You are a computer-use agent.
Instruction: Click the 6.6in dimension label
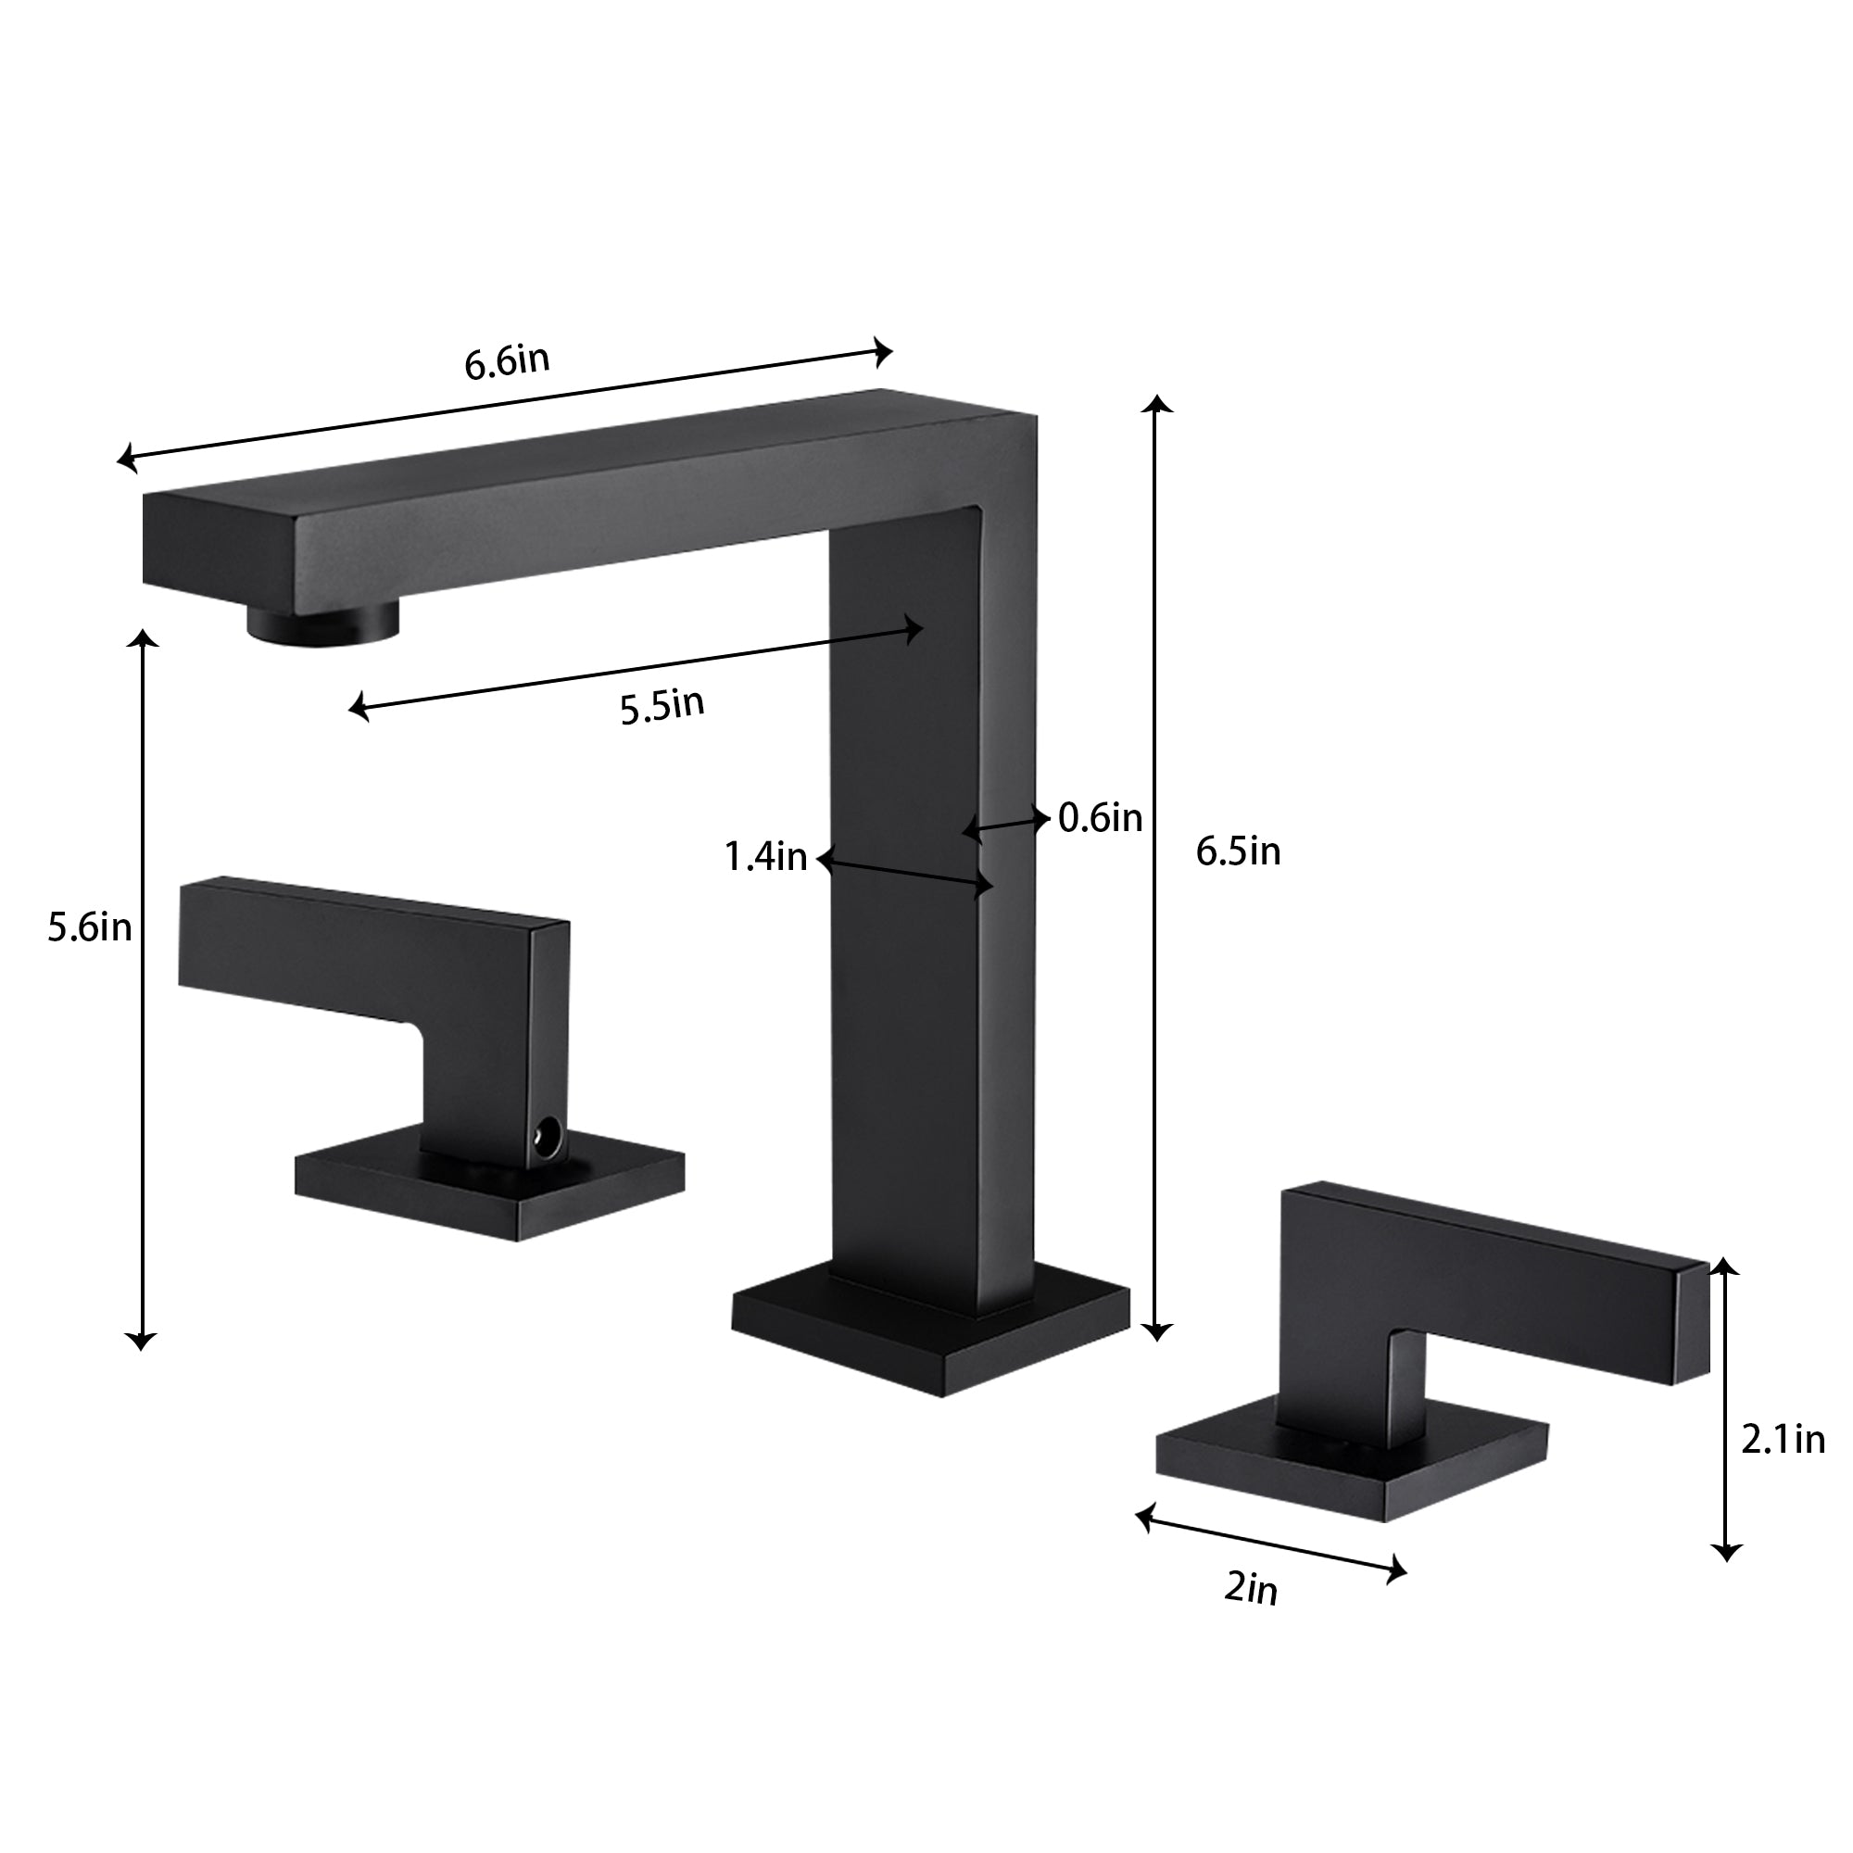pos(507,362)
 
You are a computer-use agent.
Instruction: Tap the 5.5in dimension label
pos(662,706)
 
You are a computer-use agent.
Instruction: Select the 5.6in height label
pos(90,927)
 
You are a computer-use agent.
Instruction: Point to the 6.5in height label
pos(1238,851)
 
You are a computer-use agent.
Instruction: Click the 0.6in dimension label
pos(1100,817)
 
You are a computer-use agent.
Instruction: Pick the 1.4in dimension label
pos(765,856)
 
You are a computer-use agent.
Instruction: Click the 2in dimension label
pos(1252,1589)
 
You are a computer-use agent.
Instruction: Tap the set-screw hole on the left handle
pos(548,1140)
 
